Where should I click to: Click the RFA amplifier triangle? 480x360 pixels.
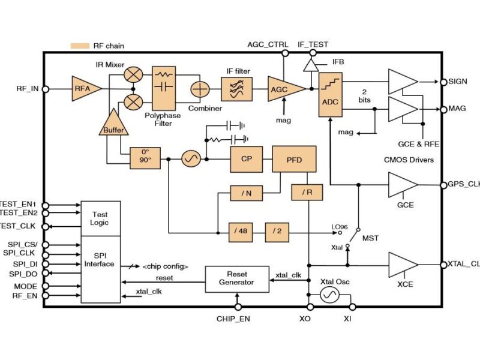(85, 89)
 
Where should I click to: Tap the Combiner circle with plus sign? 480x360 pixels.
(199, 89)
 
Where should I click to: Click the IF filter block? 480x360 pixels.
(238, 89)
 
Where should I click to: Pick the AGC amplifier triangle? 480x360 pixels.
(280, 89)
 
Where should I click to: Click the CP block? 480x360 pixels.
(245, 159)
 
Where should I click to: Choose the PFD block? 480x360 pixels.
(294, 159)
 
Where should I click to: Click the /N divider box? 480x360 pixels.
(245, 193)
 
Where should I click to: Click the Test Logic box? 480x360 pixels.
(100, 218)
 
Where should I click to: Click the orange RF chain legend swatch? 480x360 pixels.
(79, 46)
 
